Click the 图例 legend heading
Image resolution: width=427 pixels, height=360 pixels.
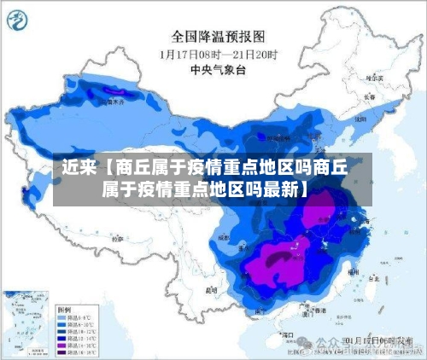point(63,307)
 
